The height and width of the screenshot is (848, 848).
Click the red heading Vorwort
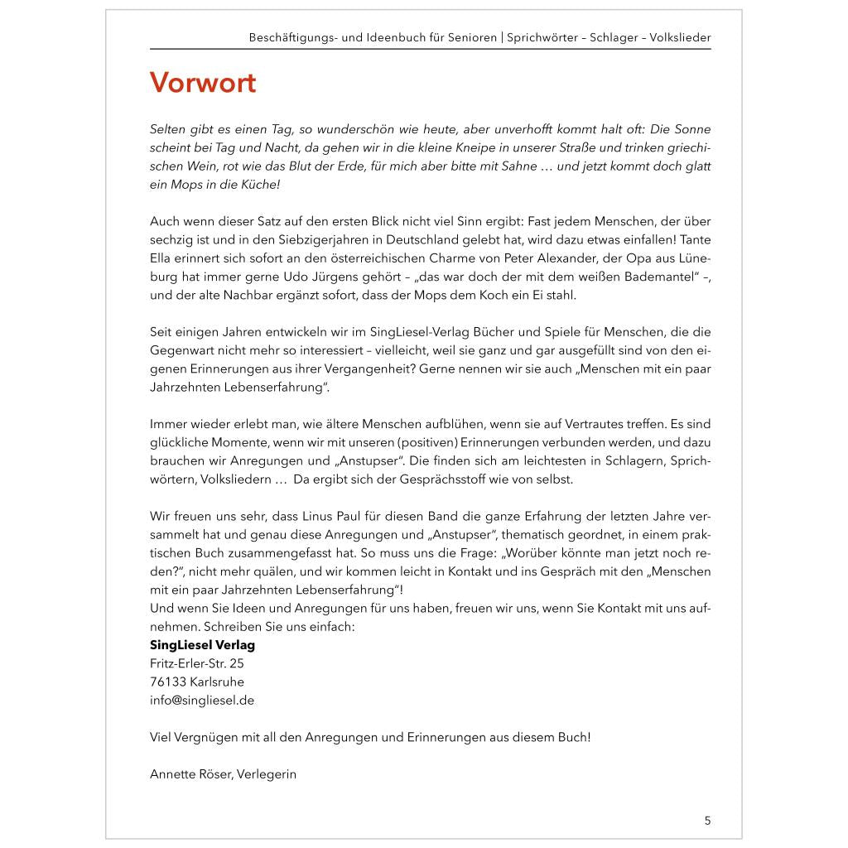(203, 83)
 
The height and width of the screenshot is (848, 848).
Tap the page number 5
(707, 821)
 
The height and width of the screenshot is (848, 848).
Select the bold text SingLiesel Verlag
(202, 645)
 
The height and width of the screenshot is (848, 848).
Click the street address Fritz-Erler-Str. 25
(197, 663)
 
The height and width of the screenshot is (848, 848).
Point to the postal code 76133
(168, 682)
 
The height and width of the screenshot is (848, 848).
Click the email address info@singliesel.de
(202, 700)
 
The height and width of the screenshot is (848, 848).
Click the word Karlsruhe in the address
(217, 682)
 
